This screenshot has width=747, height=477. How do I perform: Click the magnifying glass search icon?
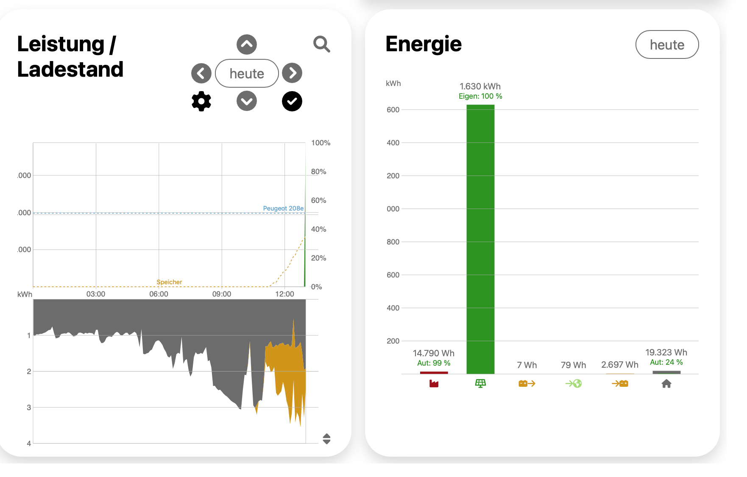pyautogui.click(x=322, y=44)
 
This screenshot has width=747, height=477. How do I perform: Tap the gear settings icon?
pyautogui.click(x=201, y=101)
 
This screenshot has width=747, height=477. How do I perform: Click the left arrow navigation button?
pyautogui.click(x=201, y=73)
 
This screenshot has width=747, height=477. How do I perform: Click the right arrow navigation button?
pyautogui.click(x=292, y=73)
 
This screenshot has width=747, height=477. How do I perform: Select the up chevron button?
pyautogui.click(x=247, y=44)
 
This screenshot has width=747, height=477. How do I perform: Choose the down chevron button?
pyautogui.click(x=247, y=101)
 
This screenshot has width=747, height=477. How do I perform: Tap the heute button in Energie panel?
pyautogui.click(x=667, y=44)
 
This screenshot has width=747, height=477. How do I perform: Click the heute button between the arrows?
pyautogui.click(x=247, y=73)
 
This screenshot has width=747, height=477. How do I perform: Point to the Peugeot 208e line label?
pyautogui.click(x=283, y=208)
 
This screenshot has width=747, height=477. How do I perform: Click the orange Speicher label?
pyautogui.click(x=169, y=282)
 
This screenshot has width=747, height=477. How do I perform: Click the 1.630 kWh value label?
pyautogui.click(x=480, y=86)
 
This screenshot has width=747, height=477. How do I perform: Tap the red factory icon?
pyautogui.click(x=434, y=383)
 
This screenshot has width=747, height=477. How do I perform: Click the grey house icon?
pyautogui.click(x=666, y=383)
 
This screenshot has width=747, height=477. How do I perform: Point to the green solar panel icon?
pyautogui.click(x=480, y=383)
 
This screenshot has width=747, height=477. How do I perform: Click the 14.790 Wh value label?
pyautogui.click(x=434, y=353)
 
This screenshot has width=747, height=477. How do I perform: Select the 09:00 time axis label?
pyautogui.click(x=222, y=294)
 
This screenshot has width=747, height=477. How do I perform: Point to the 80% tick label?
pyautogui.click(x=318, y=172)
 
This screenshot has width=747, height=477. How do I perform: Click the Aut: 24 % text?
pyautogui.click(x=666, y=362)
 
